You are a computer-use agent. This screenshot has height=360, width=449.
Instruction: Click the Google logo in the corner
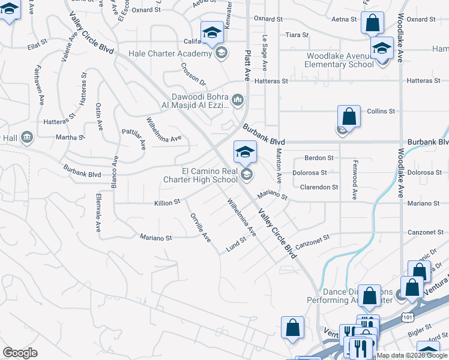coord(20,353)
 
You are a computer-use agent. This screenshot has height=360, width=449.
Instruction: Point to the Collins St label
coord(381,111)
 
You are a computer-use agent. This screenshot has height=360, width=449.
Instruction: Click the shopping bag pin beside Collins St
coord(349,116)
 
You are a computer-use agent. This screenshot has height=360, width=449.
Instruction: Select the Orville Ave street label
coord(200,228)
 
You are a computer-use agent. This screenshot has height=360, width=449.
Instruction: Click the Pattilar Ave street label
coord(134,138)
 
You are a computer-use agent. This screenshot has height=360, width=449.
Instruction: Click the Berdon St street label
coord(319,158)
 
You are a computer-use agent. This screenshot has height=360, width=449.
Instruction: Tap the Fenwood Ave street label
coord(355,185)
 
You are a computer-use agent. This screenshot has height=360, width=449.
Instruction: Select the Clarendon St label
coord(319,187)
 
